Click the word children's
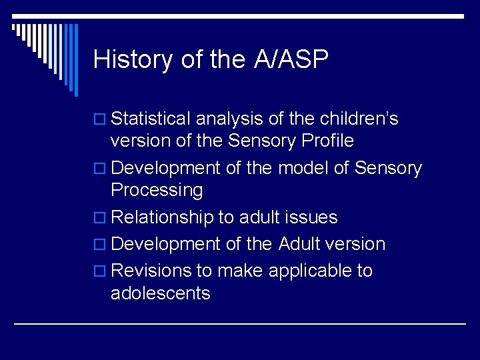359,119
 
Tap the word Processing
157,191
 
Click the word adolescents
161,293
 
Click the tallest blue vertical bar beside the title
75,60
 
